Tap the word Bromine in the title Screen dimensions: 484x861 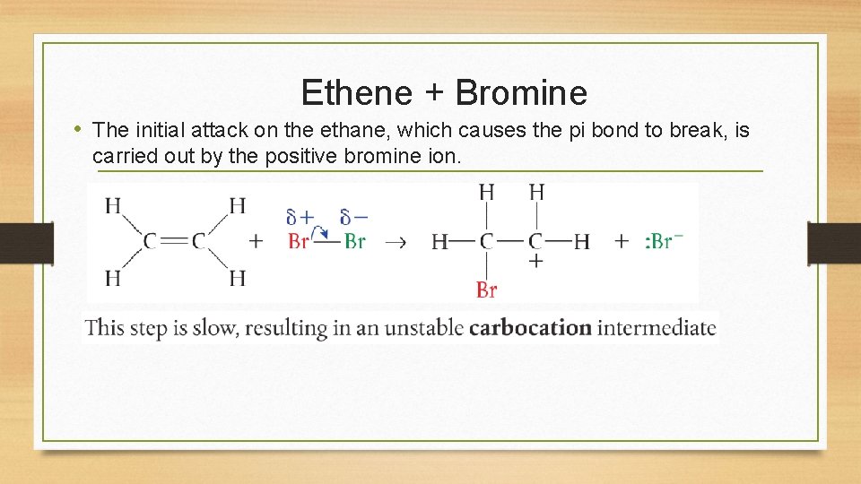pos(521,92)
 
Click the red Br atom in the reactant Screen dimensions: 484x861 pos(299,241)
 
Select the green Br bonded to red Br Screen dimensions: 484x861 pos(355,241)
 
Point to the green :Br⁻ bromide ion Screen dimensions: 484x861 pos(664,241)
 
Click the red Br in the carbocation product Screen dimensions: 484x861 pos(487,290)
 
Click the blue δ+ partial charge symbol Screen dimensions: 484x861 pos(300,217)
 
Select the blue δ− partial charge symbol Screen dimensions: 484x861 pos(354,217)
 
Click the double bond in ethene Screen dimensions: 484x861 pos(175,241)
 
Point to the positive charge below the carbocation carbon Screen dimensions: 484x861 pos(536,261)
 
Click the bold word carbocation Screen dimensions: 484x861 pos(530,327)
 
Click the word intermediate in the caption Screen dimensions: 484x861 pos(657,327)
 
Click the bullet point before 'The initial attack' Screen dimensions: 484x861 pos(80,130)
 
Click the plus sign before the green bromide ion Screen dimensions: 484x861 pos(622,241)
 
